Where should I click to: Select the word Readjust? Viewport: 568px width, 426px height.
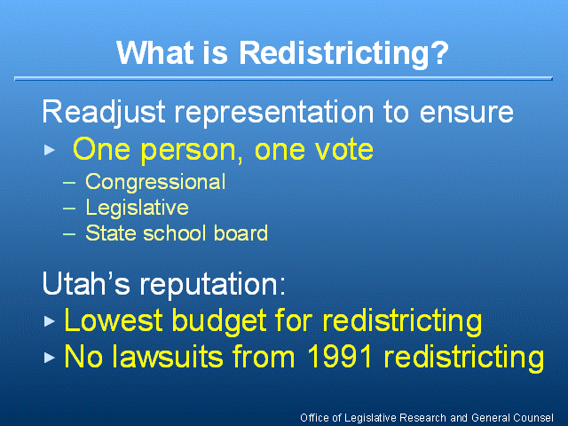pos(104,113)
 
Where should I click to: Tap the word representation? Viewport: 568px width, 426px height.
pos(274,113)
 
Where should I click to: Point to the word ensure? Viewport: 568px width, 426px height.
pos(466,113)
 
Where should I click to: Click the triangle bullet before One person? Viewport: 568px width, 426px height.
pos(50,150)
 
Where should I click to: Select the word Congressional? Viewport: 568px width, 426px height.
pos(155,182)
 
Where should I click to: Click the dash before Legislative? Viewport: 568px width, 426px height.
pos(69,209)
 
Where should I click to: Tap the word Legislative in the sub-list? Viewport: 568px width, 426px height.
pos(137,208)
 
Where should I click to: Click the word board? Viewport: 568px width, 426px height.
pos(241,233)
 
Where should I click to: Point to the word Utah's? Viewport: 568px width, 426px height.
pos(86,283)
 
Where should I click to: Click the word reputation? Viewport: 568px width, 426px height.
pos(213,284)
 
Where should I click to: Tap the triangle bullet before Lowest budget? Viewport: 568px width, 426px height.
pos(50,321)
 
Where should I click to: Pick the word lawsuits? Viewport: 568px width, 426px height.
pos(167,357)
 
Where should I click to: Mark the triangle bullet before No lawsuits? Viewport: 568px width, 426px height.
pos(50,358)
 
